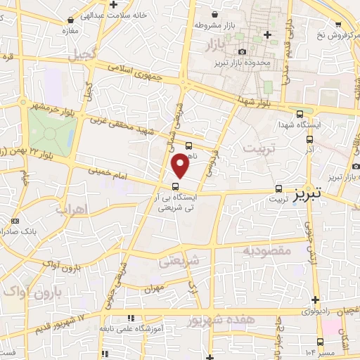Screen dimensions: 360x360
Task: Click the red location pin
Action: [181, 165]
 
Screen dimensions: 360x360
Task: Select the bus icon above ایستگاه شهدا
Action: [301, 114]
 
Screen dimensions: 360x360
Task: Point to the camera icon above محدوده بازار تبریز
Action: [243, 52]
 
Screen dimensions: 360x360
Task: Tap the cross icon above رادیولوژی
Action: [316, 300]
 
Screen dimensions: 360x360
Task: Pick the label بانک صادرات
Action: [34, 230]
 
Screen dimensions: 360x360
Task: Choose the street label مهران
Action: [154, 289]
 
